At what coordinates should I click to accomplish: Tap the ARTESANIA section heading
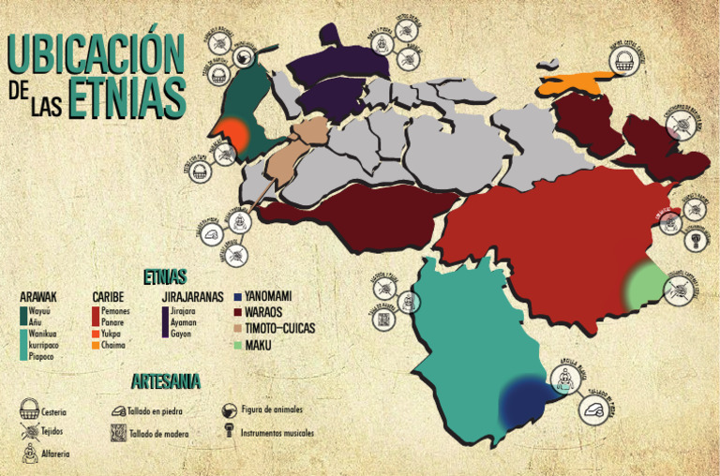[165, 381]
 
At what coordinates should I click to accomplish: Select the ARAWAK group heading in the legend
[38, 297]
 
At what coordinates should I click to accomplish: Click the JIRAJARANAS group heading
[191, 297]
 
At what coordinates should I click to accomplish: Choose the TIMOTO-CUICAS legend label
[279, 328]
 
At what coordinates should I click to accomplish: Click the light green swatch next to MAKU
[238, 345]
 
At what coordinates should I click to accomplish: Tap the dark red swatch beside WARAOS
[238, 312]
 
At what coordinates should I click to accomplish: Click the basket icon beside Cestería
[30, 409]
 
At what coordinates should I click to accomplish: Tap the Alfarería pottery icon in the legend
[30, 454]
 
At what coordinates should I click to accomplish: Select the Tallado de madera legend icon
[118, 433]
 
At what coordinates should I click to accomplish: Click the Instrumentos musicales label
[277, 434]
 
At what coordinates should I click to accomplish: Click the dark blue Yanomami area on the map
[526, 403]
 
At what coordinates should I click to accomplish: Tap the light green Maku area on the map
[646, 286]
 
